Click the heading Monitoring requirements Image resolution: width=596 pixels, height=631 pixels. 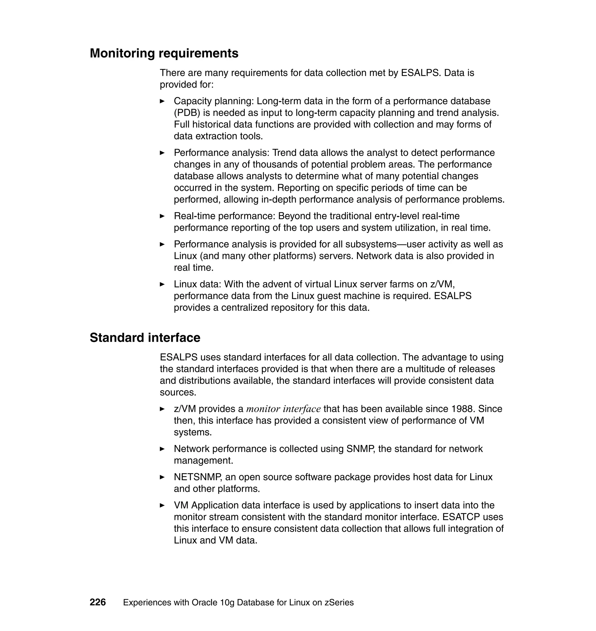coord(164,53)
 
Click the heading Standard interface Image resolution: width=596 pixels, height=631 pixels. coord(145,337)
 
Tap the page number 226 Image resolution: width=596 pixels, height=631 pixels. coord(97,602)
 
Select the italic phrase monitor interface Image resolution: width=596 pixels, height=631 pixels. coord(283,409)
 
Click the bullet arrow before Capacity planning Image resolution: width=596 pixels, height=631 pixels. coord(162,101)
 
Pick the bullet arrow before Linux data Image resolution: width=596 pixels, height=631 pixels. coord(162,284)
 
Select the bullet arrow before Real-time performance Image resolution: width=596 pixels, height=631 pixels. coord(162,216)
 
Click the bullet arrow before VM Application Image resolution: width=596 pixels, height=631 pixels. coord(162,506)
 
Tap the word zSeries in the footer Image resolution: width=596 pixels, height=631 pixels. coord(339,602)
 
